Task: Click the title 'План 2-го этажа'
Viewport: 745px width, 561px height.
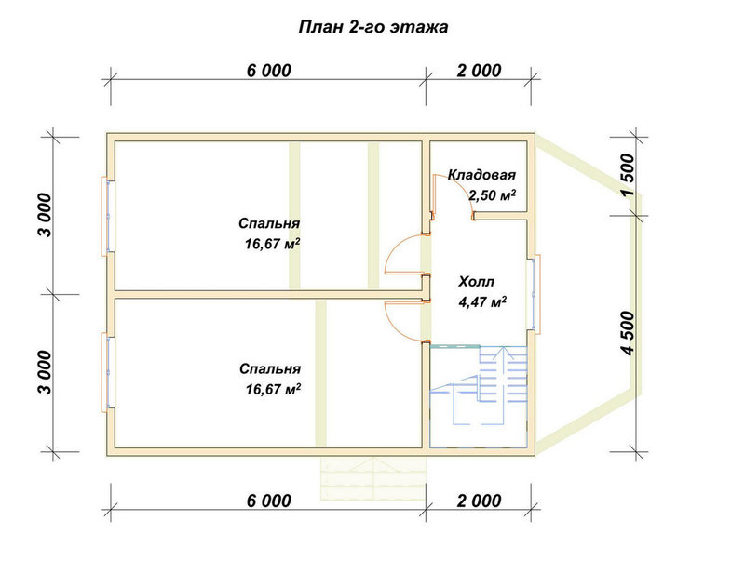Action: (373, 28)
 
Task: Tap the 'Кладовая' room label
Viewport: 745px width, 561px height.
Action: (481, 175)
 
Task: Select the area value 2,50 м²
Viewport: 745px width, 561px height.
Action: (493, 195)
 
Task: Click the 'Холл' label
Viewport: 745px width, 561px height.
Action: (476, 282)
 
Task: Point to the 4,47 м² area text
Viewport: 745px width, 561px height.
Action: (481, 301)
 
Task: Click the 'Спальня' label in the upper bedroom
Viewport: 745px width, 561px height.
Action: (269, 223)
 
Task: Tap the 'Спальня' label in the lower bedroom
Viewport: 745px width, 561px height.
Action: (270, 368)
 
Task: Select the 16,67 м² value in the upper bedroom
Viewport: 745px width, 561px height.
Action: (272, 244)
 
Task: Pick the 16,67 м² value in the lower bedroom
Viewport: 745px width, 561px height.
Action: (273, 389)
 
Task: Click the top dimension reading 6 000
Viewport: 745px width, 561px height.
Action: (268, 71)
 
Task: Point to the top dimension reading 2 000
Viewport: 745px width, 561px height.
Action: (479, 71)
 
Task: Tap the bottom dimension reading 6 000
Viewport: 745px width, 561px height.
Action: (268, 501)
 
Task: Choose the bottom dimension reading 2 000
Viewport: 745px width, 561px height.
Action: (479, 501)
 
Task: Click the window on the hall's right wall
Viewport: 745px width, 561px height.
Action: (534, 294)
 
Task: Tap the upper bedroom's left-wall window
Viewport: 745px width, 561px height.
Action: (107, 217)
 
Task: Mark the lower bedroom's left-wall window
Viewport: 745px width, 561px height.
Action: (107, 372)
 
